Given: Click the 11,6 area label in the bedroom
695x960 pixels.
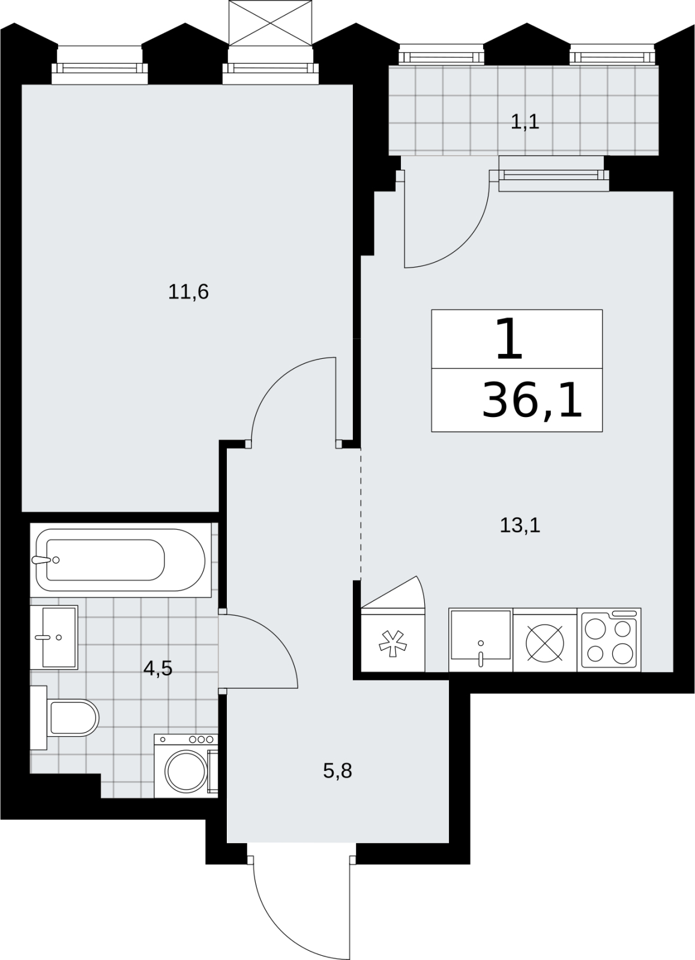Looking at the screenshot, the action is coord(188,292).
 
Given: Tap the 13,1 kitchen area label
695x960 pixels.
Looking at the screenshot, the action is coord(520,525).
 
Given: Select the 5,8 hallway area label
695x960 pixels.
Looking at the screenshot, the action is coord(337,770).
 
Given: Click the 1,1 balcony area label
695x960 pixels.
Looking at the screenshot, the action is coord(525,122).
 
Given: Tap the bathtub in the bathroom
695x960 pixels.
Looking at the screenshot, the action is coord(121,560).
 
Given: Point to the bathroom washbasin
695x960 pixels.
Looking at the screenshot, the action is coord(54,637).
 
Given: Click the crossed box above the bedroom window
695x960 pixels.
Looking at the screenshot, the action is coord(271,22).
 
